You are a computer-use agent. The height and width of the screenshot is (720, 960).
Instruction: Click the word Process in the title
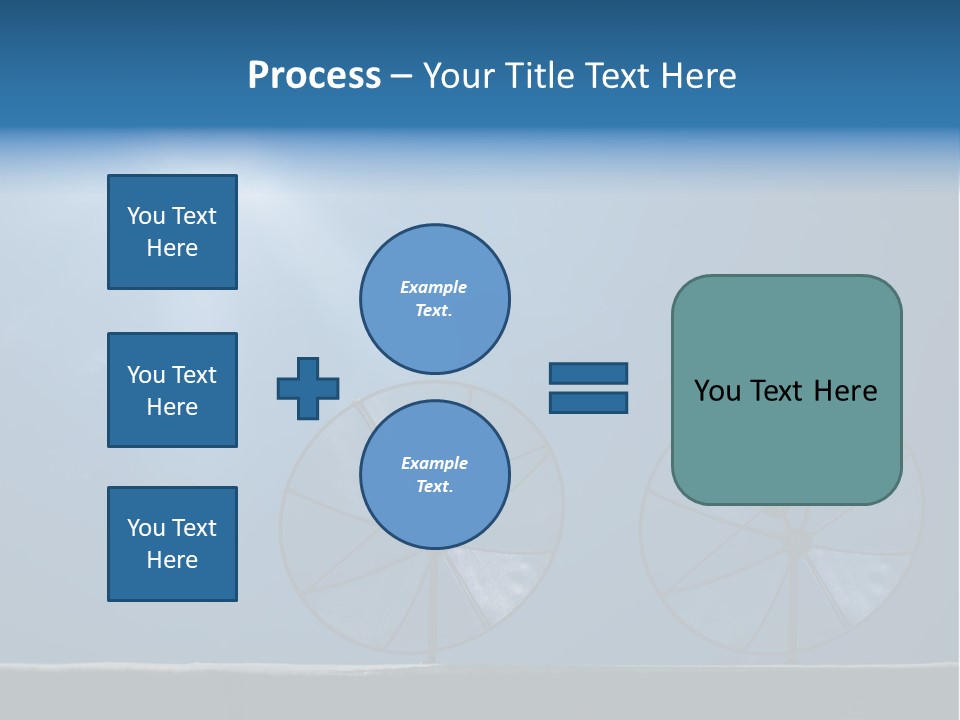tap(314, 76)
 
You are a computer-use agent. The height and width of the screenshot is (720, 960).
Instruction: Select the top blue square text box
tap(172, 232)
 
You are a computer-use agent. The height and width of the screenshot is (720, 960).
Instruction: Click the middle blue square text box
tap(172, 390)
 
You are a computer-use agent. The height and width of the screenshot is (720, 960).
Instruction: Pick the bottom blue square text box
tap(172, 544)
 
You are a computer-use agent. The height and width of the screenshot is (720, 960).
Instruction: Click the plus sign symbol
tap(308, 388)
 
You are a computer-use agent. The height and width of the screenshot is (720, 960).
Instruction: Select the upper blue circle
tap(434, 299)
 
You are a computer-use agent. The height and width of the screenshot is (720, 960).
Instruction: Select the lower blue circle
tap(434, 475)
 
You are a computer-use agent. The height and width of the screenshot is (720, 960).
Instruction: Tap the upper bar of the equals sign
tap(588, 373)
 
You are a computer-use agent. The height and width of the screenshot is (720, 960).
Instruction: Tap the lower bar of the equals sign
tap(588, 402)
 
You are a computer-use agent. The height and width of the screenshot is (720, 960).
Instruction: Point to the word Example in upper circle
tap(433, 287)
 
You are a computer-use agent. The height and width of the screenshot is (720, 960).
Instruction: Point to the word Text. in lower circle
tap(434, 487)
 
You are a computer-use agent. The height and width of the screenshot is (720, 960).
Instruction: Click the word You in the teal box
tap(717, 391)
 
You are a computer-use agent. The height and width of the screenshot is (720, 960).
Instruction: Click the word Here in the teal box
tap(845, 391)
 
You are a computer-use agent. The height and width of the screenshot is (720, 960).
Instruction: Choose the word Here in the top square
tap(172, 248)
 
